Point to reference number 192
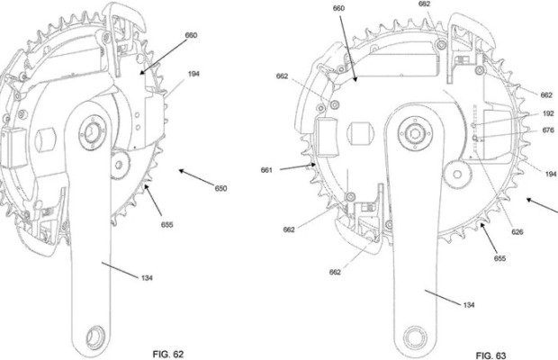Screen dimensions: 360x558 pos(547,113)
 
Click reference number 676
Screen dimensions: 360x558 pos(547,130)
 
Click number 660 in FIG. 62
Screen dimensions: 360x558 pos(191,35)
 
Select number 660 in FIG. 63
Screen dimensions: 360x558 pos(339,9)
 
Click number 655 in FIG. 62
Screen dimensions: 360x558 pos(167,224)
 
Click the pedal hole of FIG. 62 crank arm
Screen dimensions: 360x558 pos(91,336)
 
